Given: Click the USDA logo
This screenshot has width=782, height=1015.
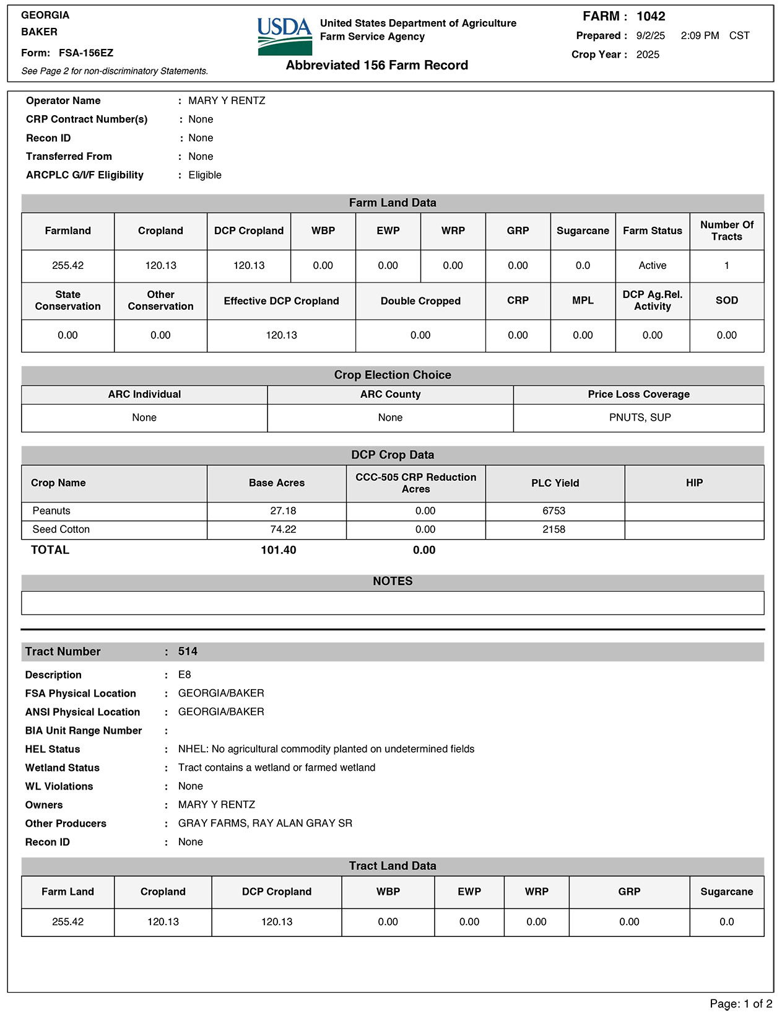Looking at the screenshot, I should [x=284, y=36].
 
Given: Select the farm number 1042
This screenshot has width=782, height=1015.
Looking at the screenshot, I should [x=651, y=17].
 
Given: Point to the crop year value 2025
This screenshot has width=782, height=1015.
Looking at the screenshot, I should [x=648, y=55].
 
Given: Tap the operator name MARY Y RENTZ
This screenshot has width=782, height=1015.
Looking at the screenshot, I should [x=227, y=101].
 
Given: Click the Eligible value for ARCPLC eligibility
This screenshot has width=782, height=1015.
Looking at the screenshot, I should [x=205, y=175].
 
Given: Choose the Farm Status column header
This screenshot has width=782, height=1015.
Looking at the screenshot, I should [x=652, y=231].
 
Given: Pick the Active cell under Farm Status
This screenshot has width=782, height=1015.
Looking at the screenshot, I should [x=652, y=266].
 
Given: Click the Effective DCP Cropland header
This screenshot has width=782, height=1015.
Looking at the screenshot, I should [x=281, y=301].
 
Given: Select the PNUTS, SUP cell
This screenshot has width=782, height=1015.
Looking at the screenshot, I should [x=640, y=418].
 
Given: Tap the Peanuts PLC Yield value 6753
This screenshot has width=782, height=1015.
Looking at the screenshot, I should [x=554, y=511].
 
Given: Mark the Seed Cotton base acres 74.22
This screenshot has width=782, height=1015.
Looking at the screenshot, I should [x=283, y=530].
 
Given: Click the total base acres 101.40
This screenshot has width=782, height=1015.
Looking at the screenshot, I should [x=279, y=550].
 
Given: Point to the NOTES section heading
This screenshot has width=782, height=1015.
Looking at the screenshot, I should [x=393, y=581].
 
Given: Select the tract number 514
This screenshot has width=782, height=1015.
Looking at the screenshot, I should [x=188, y=652].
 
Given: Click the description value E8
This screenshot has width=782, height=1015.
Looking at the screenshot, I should [x=185, y=675].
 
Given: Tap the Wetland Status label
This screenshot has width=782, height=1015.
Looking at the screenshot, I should [x=63, y=768].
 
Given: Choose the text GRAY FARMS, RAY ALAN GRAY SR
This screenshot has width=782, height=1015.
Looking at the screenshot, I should [x=265, y=824].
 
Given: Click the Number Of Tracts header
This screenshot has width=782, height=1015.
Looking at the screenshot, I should [x=726, y=231].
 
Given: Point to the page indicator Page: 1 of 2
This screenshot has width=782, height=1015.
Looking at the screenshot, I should [x=741, y=1004].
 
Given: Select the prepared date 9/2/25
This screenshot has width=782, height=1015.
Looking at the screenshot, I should [x=650, y=36].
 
